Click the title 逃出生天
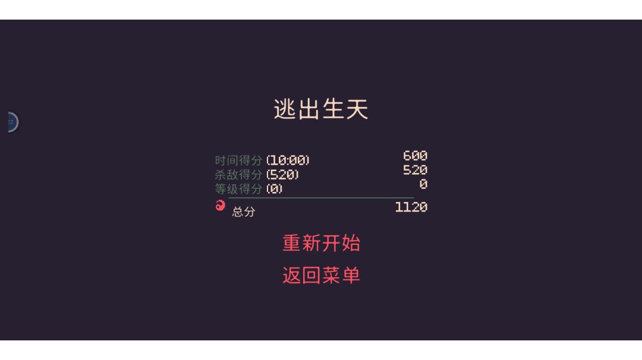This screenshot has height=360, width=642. click(x=321, y=109)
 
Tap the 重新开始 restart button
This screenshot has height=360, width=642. click(x=322, y=243)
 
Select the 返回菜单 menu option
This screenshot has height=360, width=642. click(x=322, y=275)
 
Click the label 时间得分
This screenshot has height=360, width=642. click(x=238, y=160)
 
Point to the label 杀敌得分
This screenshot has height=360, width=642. click(x=238, y=175)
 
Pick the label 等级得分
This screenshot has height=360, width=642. click(x=238, y=189)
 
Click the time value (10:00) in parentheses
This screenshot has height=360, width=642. click(x=288, y=160)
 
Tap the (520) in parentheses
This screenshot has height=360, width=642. click(x=282, y=175)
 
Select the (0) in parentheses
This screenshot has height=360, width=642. click(x=274, y=189)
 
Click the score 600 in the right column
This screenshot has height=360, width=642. click(x=415, y=156)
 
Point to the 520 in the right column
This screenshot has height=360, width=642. click(x=415, y=170)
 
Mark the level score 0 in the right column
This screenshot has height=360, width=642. click(x=423, y=184)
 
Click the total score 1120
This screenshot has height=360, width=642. click(x=411, y=207)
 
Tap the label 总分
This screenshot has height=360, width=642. click(x=244, y=211)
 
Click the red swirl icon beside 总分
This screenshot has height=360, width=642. click(x=221, y=206)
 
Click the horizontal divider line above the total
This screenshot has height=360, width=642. click(x=321, y=198)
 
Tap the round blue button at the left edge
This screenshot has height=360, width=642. click(x=12, y=122)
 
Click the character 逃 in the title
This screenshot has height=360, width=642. click(x=285, y=109)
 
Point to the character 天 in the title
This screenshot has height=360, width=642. click(x=357, y=109)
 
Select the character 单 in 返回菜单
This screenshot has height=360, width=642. click(x=351, y=275)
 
